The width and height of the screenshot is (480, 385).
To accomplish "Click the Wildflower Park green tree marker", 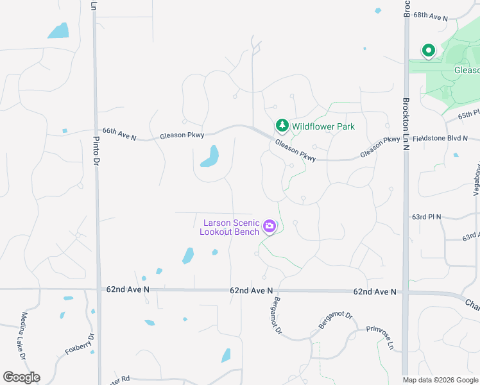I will click(x=281, y=126).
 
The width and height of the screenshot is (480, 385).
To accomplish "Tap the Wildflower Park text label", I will click(x=323, y=126).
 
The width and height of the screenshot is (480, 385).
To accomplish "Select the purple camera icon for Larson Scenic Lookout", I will click(x=270, y=226).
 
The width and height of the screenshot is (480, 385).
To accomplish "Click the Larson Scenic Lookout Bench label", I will click(x=230, y=227).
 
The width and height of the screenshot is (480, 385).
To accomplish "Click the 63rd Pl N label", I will click(x=427, y=217).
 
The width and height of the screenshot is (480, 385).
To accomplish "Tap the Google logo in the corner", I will click(x=21, y=377).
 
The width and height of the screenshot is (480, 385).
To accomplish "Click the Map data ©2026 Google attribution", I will click(x=441, y=380).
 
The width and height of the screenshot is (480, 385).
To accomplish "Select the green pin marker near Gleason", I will click(x=428, y=50).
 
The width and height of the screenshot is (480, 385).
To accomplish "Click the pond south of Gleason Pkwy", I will click(x=210, y=156).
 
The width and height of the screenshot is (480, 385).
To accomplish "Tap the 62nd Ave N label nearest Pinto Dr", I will click(x=128, y=290).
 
